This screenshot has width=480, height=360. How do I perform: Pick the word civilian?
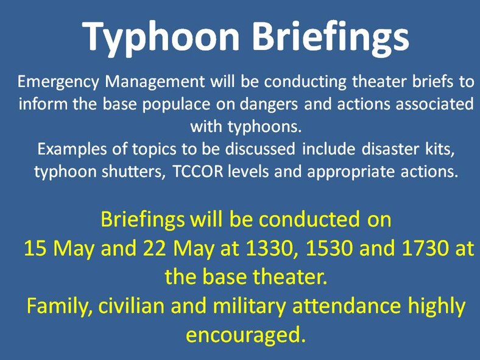click(x=135, y=306)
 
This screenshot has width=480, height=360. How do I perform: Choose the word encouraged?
click(x=245, y=334)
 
